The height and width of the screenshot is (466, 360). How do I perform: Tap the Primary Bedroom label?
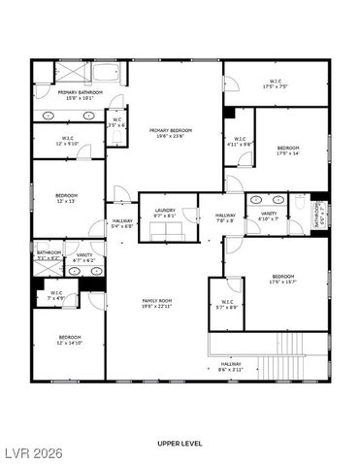point(170,132)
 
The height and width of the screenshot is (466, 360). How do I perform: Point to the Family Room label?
point(156,304)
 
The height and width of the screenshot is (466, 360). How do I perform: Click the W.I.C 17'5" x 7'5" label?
point(275,84)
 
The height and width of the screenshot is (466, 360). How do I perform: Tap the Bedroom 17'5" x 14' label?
point(288,150)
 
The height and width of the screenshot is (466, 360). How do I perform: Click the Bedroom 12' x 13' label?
point(67,198)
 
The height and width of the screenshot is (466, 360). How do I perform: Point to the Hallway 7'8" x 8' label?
point(225,217)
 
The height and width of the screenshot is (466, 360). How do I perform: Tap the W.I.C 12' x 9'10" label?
point(67,141)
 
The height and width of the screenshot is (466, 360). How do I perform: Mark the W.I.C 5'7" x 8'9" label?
point(227,304)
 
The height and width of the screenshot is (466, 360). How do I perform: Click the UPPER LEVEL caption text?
point(180,443)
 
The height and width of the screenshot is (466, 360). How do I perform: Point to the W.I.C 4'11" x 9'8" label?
point(239,142)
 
